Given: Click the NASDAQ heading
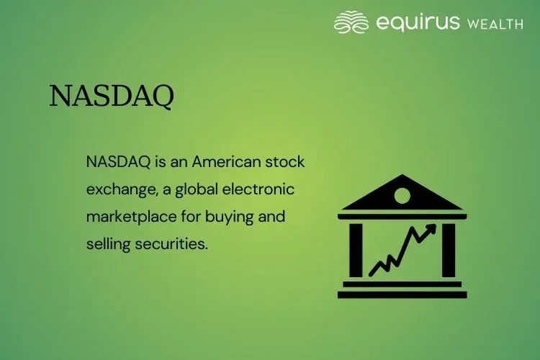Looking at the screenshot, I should click(x=111, y=95).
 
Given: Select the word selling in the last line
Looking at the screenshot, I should click(x=107, y=244).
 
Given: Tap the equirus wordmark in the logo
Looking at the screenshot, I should click(x=418, y=22).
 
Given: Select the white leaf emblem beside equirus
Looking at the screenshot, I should click(x=352, y=22).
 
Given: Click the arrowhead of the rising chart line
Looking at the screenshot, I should click(x=431, y=230).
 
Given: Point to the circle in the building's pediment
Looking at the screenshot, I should click(x=402, y=195).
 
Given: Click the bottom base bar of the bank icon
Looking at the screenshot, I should click(x=402, y=294).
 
